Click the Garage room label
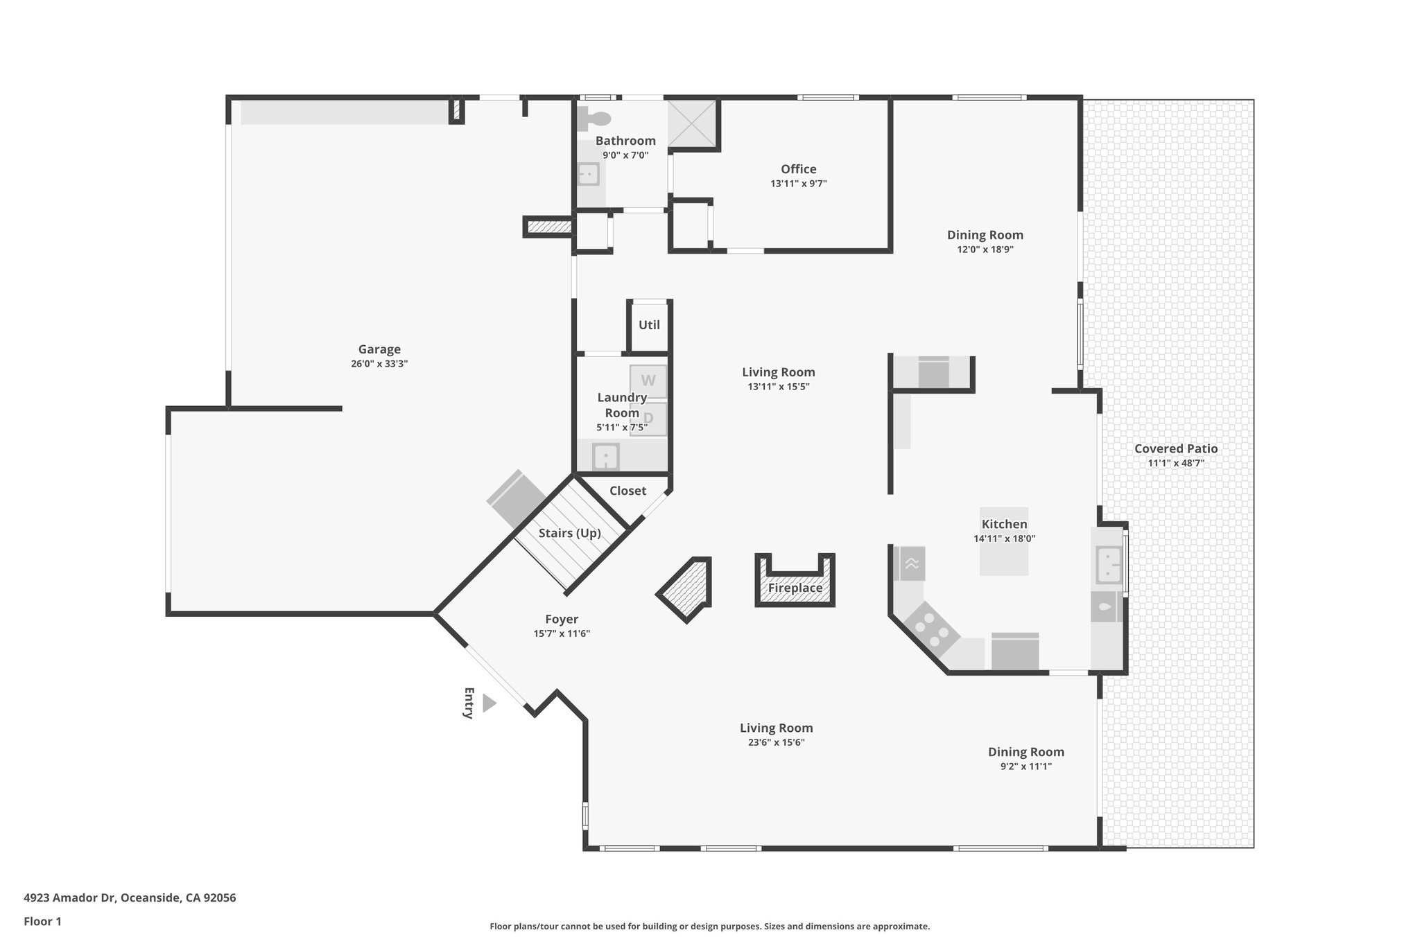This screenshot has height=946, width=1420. point(379,349)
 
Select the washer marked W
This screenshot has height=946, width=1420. point(648,380)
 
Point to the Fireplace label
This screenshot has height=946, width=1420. point(795,588)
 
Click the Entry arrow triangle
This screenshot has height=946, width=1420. point(489,703)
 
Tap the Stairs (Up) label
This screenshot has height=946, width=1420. point(570,533)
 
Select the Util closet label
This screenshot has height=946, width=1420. point(649,325)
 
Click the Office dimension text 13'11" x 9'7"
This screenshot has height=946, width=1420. point(798,184)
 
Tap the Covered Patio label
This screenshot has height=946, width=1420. point(1176,448)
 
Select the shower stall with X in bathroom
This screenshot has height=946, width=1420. point(691,124)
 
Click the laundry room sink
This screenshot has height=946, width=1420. point(606,457)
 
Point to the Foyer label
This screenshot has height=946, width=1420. point(562,619)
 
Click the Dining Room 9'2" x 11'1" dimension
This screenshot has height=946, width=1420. point(1025,767)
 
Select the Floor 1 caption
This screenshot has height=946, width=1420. point(42,922)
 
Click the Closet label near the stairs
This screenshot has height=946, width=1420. point(627,491)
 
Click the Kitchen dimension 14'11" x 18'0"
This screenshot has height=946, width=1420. point(1004,538)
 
